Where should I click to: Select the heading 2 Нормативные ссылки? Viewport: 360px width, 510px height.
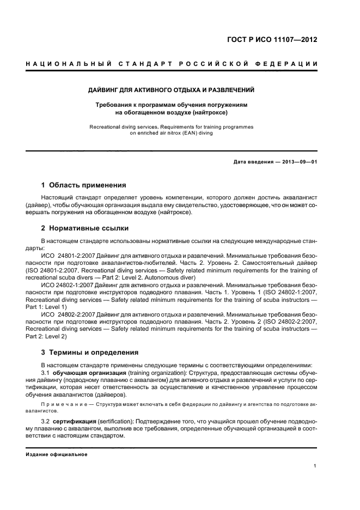(85, 228)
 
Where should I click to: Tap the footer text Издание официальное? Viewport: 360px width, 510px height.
(57, 454)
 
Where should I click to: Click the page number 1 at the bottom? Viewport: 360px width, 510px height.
(315, 466)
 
